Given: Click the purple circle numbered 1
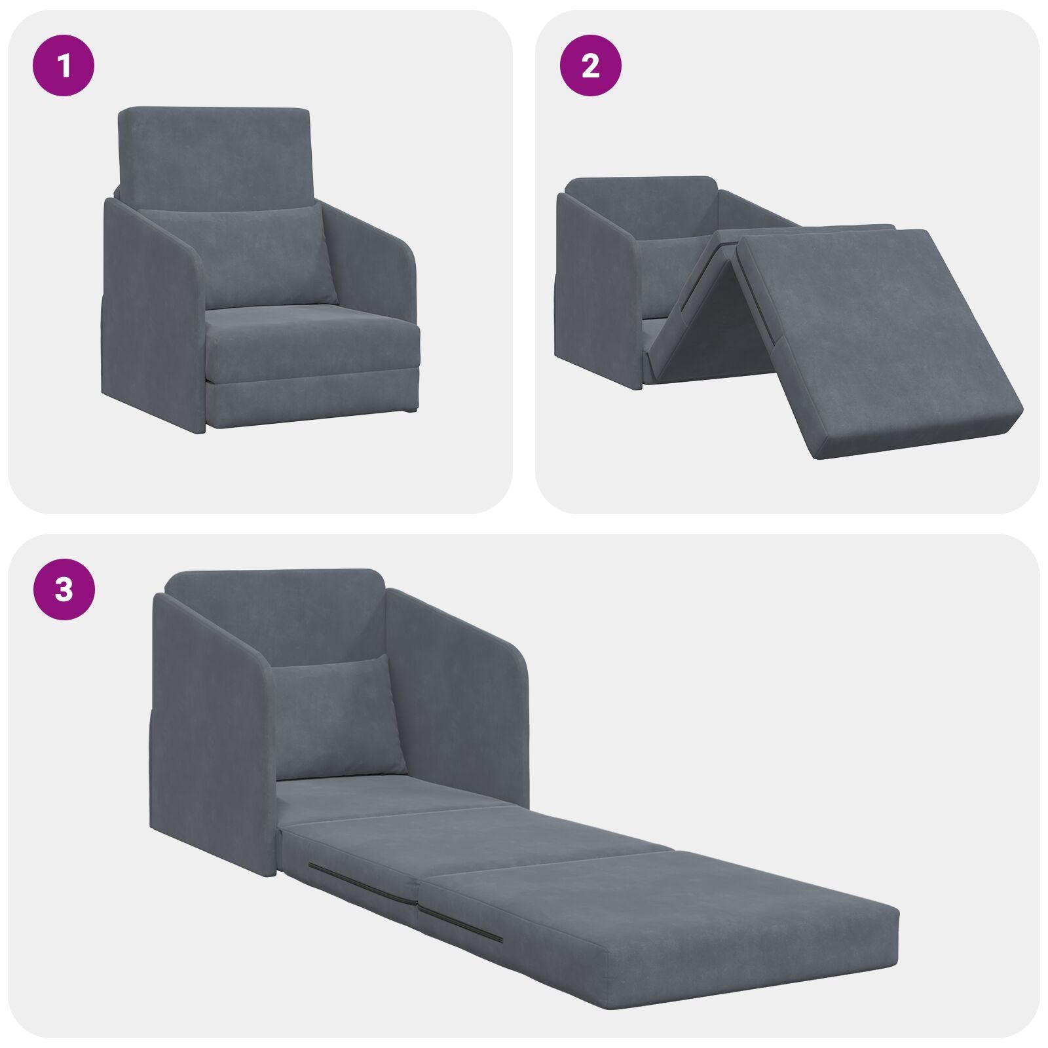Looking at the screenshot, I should (x=64, y=65).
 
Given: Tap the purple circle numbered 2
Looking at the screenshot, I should (x=590, y=65).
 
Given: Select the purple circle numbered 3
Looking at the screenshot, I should (x=64, y=589).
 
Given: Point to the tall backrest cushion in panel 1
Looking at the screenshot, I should (x=213, y=154).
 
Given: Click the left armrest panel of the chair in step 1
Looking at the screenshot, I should (x=151, y=314).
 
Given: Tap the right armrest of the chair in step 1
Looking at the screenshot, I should (x=373, y=262).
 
